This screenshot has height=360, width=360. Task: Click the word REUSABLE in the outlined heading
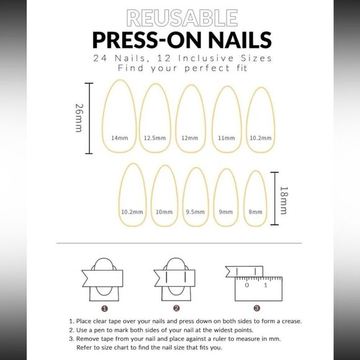[x=182, y=18]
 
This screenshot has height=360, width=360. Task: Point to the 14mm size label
[x=120, y=138]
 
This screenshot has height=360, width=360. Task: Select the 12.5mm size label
[x=155, y=138]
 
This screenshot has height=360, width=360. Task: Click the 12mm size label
[x=190, y=138]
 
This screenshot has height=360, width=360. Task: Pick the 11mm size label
[x=227, y=138]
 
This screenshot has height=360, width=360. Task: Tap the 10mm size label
[x=164, y=212]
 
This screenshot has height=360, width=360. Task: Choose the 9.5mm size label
[x=196, y=212]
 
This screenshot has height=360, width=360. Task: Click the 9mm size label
[x=226, y=212]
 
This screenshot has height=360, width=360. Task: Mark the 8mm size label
[x=255, y=212]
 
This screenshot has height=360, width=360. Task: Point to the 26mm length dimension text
[x=79, y=118]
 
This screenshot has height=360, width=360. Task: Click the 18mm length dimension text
[x=284, y=200]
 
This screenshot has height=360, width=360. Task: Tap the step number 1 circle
[x=104, y=308]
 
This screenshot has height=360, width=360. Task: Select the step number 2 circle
[x=176, y=308]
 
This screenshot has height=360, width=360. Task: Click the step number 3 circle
[x=257, y=308]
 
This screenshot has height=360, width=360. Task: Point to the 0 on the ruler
[x=247, y=285]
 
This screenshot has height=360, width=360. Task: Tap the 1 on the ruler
[x=266, y=285]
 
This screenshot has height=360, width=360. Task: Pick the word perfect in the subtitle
[x=207, y=68]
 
